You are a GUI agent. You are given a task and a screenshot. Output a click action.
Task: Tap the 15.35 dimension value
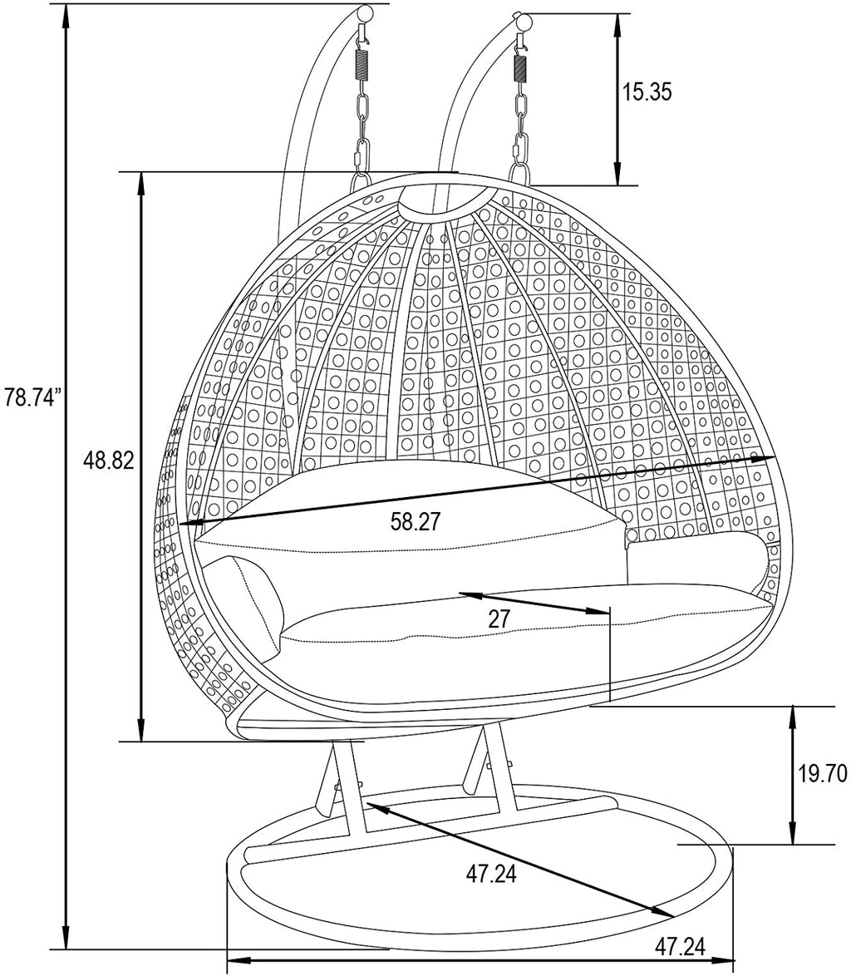pos(647,92)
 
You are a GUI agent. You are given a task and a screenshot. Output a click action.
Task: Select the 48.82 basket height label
pos(110,461)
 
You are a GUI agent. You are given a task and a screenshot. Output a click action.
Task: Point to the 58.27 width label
pos(415,521)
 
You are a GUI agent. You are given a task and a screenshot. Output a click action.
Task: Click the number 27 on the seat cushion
pos(499,619)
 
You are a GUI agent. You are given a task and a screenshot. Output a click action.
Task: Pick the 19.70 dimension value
pos(823,774)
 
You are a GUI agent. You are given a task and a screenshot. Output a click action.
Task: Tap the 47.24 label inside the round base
pos(491,875)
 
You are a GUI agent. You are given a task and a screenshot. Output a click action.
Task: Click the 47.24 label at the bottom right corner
pos(680,948)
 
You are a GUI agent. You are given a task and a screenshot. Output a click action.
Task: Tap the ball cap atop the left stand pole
pos(367,13)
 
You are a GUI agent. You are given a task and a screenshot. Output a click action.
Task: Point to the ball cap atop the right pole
pos(525,22)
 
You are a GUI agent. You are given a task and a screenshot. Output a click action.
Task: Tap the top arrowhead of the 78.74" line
pos(66,13)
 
